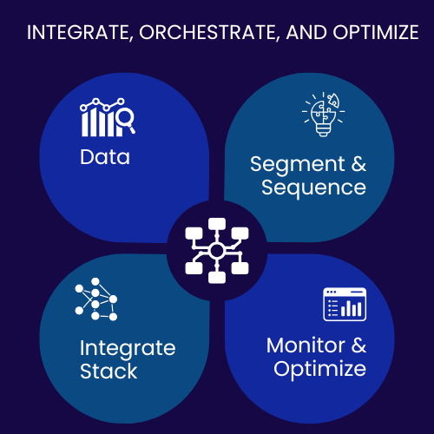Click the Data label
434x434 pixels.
tap(105, 157)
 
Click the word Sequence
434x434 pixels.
tap(307, 187)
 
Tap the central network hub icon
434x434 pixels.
tap(216, 252)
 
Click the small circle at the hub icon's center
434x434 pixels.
tap(216, 252)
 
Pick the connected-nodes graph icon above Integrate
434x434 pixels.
tap(95, 302)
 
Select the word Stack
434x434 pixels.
tap(108, 372)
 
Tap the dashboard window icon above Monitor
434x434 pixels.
tap(342, 305)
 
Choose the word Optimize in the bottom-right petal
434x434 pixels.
tap(319, 369)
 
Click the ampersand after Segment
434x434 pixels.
tap(352, 164)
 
